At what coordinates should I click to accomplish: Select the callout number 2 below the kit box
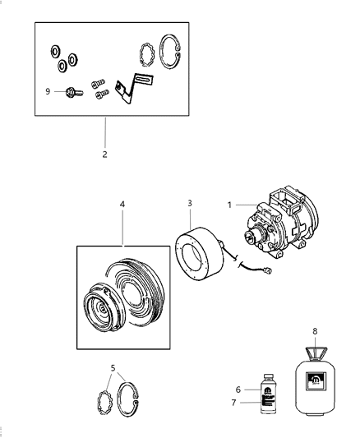[105, 153]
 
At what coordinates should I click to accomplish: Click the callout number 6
[238, 390]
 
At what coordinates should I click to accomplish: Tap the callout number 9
[47, 91]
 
